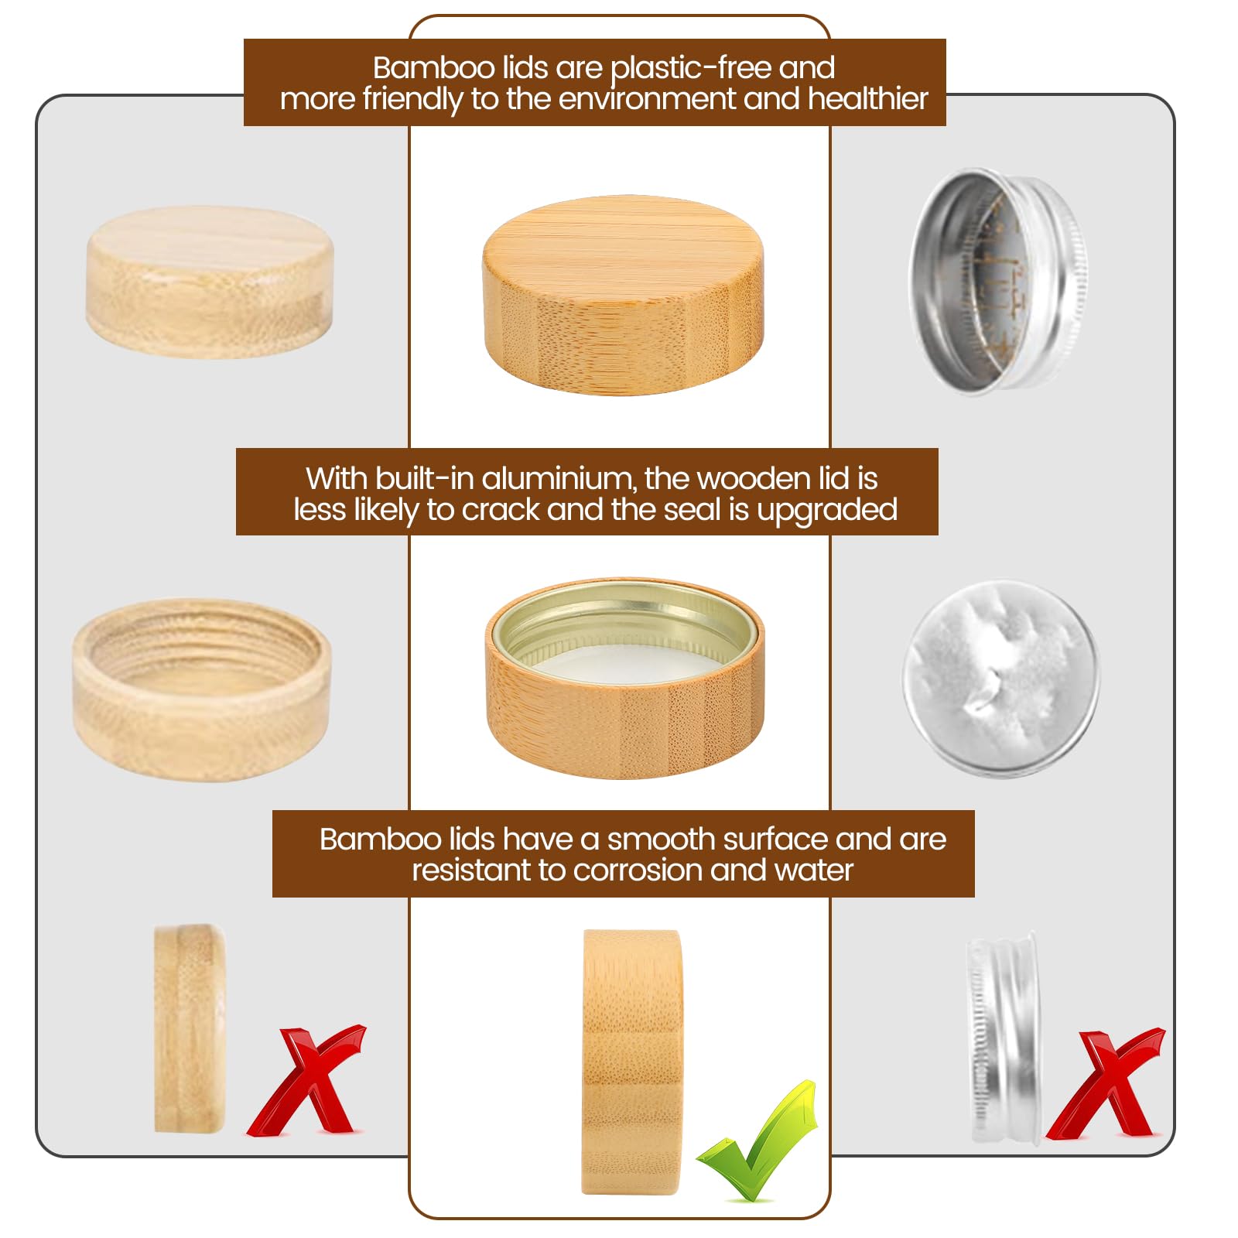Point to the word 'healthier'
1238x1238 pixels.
867,99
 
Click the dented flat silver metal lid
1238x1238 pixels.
1001,679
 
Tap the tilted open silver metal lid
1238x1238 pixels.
998,280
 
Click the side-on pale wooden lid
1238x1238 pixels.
190,1028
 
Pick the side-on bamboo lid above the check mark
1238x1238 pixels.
632,1062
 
